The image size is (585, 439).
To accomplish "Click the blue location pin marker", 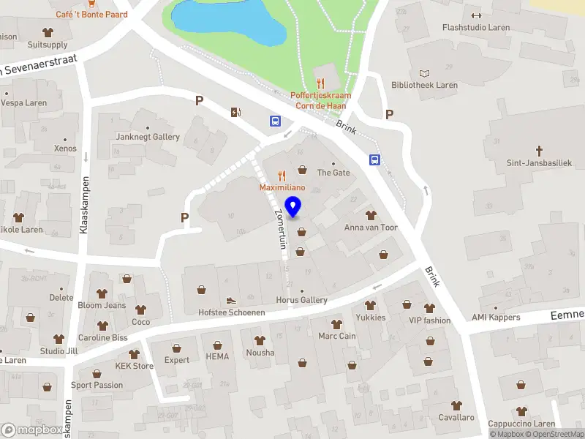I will click(x=293, y=207).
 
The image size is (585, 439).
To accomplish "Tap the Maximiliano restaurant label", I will click(x=282, y=188).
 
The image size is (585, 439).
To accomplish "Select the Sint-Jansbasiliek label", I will click(x=540, y=163).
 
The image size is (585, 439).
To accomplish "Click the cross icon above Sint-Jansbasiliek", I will click(x=540, y=151).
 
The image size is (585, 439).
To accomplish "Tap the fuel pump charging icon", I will click(x=235, y=112).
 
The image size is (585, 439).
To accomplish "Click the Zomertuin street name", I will click(x=279, y=227).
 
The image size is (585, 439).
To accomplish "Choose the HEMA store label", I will click(x=217, y=356).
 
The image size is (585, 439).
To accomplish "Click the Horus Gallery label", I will click(x=302, y=300).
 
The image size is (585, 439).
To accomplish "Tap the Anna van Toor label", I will click(x=371, y=228).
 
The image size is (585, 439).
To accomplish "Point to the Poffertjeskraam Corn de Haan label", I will click(x=320, y=100).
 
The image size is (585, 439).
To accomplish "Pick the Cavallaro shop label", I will click(x=456, y=417).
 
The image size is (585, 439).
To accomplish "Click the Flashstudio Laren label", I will click(x=476, y=28).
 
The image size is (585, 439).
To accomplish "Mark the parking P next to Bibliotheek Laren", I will click(x=390, y=114).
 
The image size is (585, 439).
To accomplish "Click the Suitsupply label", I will click(x=48, y=44).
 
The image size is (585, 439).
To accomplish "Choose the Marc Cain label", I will click(x=336, y=337).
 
